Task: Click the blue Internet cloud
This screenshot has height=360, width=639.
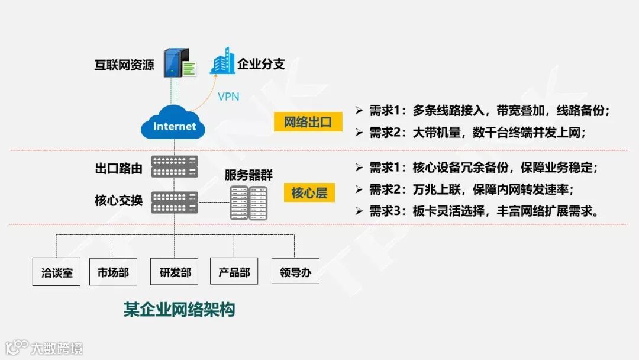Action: click(173, 124)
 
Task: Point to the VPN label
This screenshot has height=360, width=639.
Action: click(228, 96)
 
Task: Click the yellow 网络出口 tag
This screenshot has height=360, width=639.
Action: click(308, 123)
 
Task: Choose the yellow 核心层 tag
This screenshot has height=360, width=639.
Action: click(309, 192)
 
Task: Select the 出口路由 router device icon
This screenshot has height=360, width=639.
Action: click(175, 166)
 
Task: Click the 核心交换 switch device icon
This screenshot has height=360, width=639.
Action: click(175, 202)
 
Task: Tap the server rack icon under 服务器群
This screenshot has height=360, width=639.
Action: click(248, 203)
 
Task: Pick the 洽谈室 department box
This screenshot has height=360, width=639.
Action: click(57, 272)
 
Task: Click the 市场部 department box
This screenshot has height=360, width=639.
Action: click(113, 272)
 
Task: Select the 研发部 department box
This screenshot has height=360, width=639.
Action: click(175, 272)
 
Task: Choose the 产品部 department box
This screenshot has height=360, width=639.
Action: click(234, 272)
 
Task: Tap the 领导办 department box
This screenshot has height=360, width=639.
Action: click(295, 272)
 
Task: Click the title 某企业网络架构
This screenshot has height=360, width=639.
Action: click(179, 309)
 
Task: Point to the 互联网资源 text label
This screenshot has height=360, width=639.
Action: click(124, 65)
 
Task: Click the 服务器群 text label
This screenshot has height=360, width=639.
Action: click(248, 175)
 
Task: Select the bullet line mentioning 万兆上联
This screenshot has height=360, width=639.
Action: click(472, 190)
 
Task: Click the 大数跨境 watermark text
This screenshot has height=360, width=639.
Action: click(57, 348)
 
